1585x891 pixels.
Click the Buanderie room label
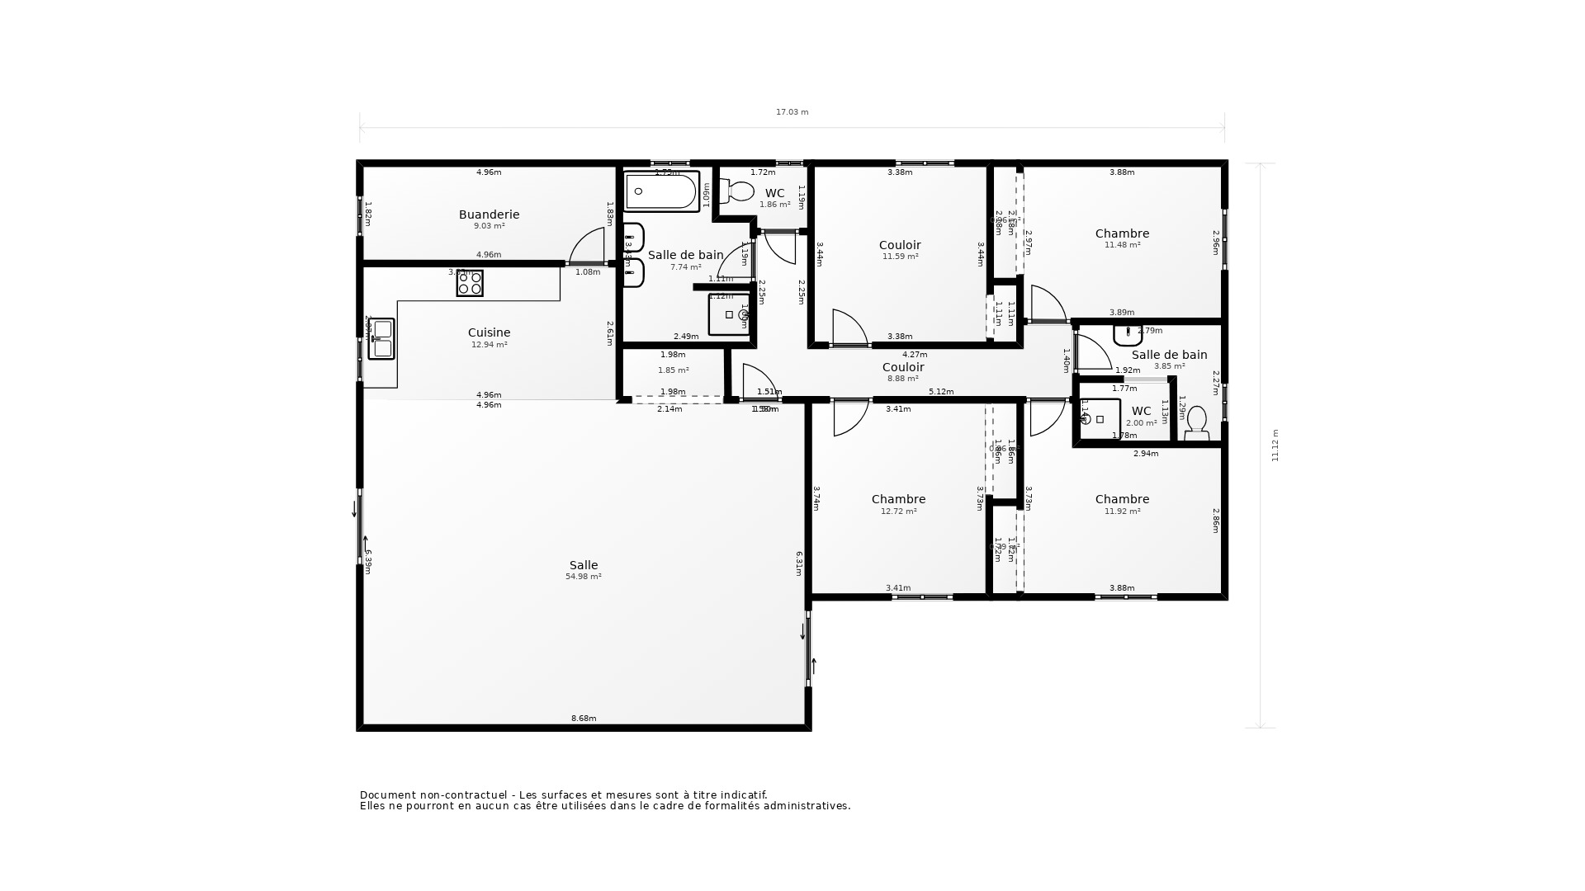[x=489, y=214]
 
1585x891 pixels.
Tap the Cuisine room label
[x=489, y=332]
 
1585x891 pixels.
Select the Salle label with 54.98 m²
[x=583, y=565]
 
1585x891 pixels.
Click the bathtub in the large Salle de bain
[x=661, y=191]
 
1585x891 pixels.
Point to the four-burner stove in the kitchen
[x=470, y=283]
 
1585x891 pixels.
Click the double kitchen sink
[x=381, y=339]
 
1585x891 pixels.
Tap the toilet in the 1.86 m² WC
[x=738, y=191]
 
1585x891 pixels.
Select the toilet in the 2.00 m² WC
[x=1196, y=422]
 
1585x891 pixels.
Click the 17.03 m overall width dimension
[x=792, y=112]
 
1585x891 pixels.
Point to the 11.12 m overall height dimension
[x=1275, y=445]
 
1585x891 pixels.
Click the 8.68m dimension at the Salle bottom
[x=583, y=719]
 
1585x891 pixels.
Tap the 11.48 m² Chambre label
[x=1122, y=233]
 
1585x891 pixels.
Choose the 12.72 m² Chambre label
[x=898, y=499]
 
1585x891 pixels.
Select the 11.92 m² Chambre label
[x=1122, y=499]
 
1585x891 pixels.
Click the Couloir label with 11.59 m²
[x=900, y=245]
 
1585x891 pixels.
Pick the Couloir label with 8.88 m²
[x=902, y=367]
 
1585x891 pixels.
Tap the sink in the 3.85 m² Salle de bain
[x=1127, y=335]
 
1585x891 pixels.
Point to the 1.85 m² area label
[x=673, y=370]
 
